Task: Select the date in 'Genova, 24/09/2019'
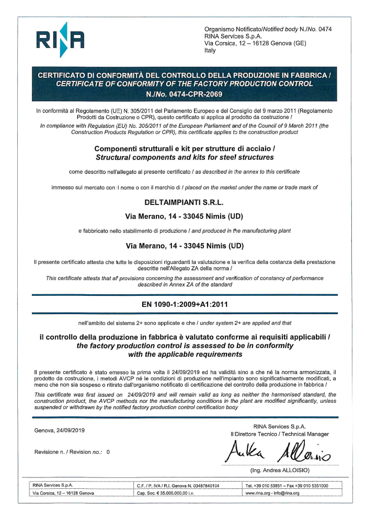point(67,430)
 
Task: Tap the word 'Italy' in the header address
point(211,51)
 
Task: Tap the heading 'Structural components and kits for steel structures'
point(182,157)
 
